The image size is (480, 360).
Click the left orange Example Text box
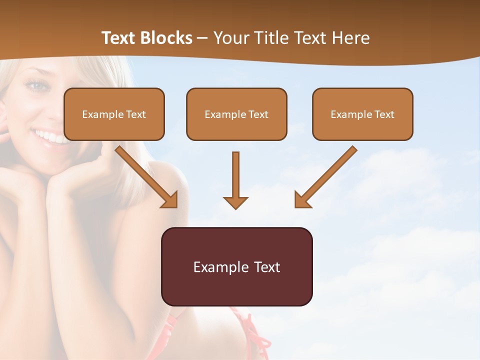click(x=114, y=114)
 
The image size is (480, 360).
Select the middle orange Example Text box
click(x=236, y=114)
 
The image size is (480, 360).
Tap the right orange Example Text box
click(x=362, y=114)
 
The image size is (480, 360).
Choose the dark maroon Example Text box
click(x=236, y=266)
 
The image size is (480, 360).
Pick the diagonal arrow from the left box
click(x=147, y=178)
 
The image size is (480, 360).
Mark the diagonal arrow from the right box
click(x=325, y=178)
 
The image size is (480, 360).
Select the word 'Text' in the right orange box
click(x=384, y=114)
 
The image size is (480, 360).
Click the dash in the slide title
click(x=203, y=38)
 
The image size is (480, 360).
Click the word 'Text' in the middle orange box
click(x=258, y=114)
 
